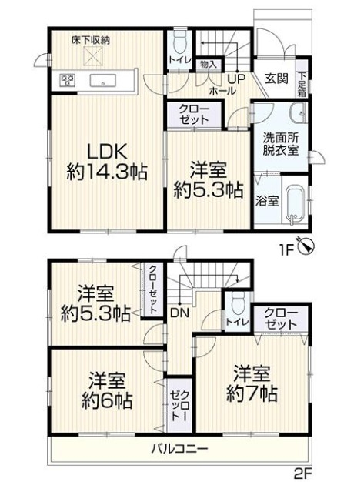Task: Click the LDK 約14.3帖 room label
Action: (107, 162)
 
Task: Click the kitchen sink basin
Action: (102, 81)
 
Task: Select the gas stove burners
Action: (68, 81)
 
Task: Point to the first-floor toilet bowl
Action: (180, 43)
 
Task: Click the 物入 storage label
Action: (209, 64)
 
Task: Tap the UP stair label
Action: (236, 79)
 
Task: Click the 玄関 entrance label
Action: (276, 79)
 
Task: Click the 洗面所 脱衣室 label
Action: (280, 145)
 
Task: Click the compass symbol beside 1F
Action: (306, 246)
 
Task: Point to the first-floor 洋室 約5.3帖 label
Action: (209, 180)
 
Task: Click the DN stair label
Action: (180, 313)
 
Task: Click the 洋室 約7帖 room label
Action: (252, 383)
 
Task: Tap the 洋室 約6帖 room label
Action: (107, 390)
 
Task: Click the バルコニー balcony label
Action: (180, 449)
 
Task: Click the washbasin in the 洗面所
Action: (297, 113)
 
